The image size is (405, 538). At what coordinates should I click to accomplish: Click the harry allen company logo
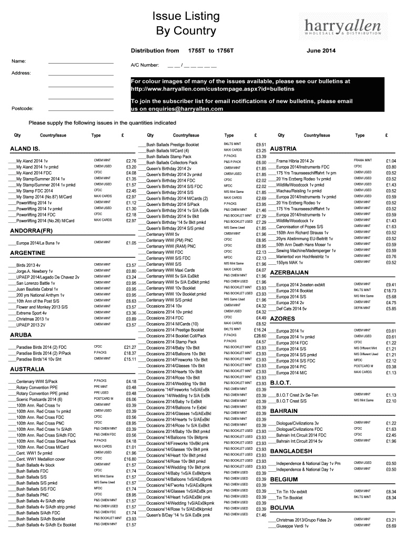coord(345,27)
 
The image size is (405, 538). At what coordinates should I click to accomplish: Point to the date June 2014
coord(321,50)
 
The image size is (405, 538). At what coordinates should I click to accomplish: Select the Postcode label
coord(22,109)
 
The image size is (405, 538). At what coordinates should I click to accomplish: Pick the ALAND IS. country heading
coord(25,149)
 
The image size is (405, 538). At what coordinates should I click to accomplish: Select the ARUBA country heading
coord(21,334)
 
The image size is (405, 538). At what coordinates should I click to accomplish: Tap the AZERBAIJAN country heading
coord(289,273)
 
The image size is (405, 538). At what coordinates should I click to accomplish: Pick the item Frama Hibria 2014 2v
coord(295,161)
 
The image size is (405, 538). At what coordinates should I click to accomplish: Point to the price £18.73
coord(390,291)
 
